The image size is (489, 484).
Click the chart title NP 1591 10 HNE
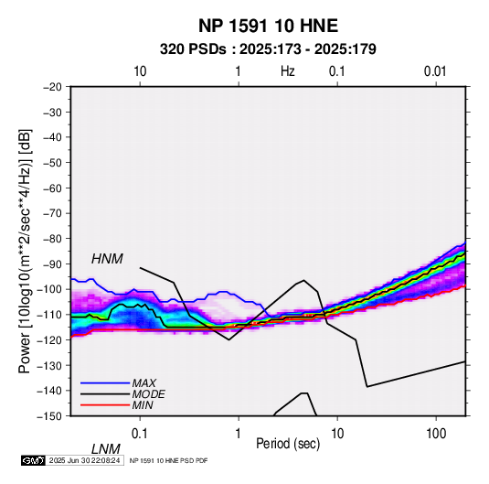268,26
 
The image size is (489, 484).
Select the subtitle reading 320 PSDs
193,49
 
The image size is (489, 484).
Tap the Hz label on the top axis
287,71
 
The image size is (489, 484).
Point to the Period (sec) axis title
288,444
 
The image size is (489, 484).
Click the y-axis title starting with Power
25,252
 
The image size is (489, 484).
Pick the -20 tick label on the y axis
52,87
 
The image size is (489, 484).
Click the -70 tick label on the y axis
52,213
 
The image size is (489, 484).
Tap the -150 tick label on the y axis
49,416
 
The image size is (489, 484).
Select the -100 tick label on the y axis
49,289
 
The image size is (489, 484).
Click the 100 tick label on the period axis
436,434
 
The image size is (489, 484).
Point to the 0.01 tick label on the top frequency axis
435,71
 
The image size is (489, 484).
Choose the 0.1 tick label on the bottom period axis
140,434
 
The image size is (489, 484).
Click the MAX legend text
144,383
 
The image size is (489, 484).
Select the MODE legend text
148,394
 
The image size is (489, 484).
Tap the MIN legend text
143,405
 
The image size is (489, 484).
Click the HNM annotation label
107,259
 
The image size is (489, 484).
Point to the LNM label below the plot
106,449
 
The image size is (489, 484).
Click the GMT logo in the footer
33,460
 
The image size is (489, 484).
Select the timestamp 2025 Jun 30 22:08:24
84,460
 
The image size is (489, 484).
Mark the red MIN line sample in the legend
105,405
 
